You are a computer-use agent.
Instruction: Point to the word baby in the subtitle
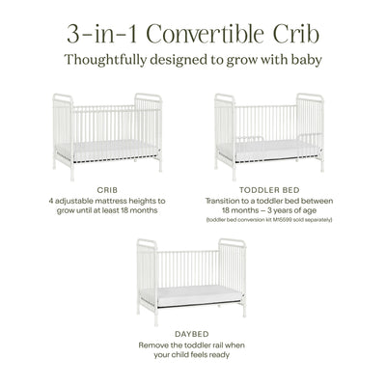[x=301, y=60]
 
